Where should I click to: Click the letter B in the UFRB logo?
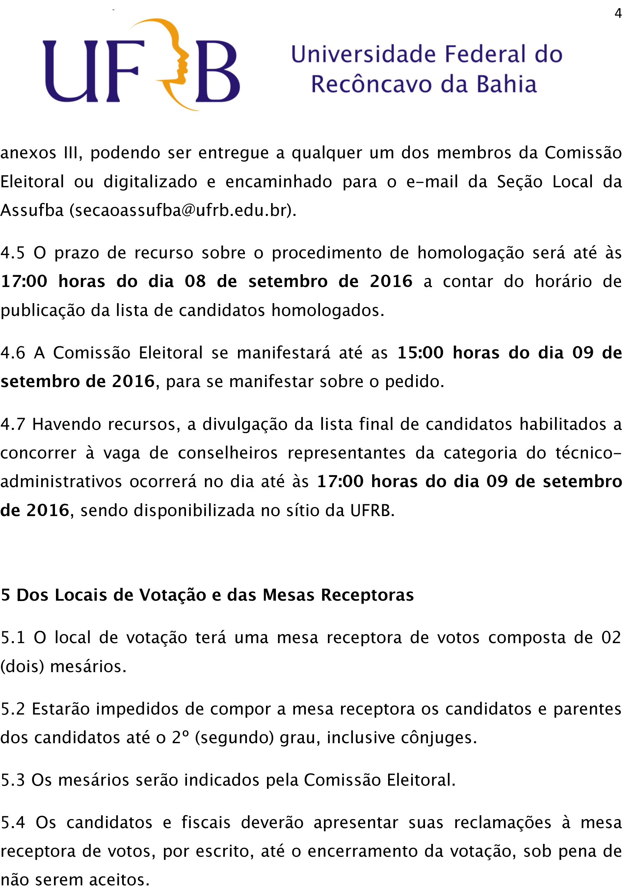tap(218, 71)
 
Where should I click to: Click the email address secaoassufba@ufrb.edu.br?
tap(182, 211)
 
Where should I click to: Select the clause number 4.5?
tap(13, 253)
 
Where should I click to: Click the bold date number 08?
tap(195, 281)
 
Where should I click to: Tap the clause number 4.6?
tap(13, 353)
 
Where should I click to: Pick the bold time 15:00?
tap(420, 353)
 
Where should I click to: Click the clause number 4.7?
tap(13, 424)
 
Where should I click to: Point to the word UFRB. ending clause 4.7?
tap(372, 510)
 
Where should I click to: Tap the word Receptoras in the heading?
tap(367, 595)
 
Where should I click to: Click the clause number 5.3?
tap(13, 780)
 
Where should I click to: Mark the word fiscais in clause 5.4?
tap(206, 823)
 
